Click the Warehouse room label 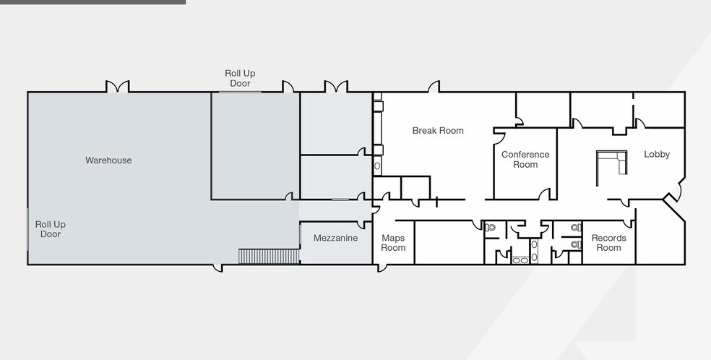click(108, 160)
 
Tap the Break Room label click(438, 131)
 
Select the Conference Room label click(525, 160)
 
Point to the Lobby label click(657, 154)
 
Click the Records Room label click(608, 243)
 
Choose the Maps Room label click(393, 243)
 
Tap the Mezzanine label click(335, 238)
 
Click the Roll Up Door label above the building click(240, 78)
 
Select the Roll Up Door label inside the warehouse click(51, 229)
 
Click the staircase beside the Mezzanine click(269, 256)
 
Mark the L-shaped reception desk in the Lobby click(612, 163)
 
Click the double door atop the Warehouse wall click(118, 87)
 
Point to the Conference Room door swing click(544, 194)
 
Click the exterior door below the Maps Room click(382, 268)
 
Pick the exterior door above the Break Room click(434, 87)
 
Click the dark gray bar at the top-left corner click(93, 2)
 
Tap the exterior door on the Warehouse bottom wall click(218, 268)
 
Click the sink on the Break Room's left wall click(377, 166)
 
